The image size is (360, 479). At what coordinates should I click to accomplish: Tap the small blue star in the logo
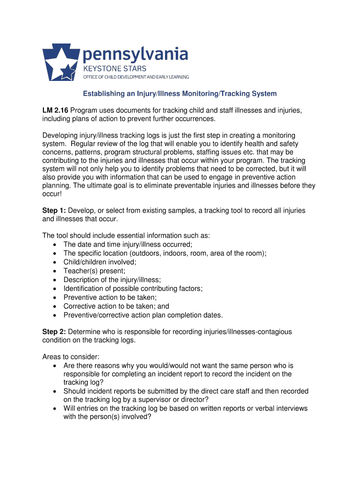pos(69,72)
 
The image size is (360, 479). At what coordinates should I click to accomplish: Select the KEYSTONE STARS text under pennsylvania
pos(115,69)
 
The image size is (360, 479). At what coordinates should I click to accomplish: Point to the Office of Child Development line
pos(136,77)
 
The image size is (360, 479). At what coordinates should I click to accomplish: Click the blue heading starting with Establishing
pos(180,94)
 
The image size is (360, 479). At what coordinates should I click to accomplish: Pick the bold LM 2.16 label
pos(55,110)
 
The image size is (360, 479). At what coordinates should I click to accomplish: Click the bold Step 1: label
pos(54,211)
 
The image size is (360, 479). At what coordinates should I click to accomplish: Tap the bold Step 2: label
pos(54,332)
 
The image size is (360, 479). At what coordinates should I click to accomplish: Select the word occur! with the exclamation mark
pos(52,195)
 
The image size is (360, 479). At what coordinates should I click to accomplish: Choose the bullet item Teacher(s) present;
pos(94,271)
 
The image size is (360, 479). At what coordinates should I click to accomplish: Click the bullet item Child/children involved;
pos(100,262)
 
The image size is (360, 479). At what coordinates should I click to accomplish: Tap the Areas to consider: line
pos(71,357)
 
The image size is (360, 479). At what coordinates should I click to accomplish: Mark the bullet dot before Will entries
pos(56,408)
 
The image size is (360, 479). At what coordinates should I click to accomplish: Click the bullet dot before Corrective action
pos(56,306)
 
